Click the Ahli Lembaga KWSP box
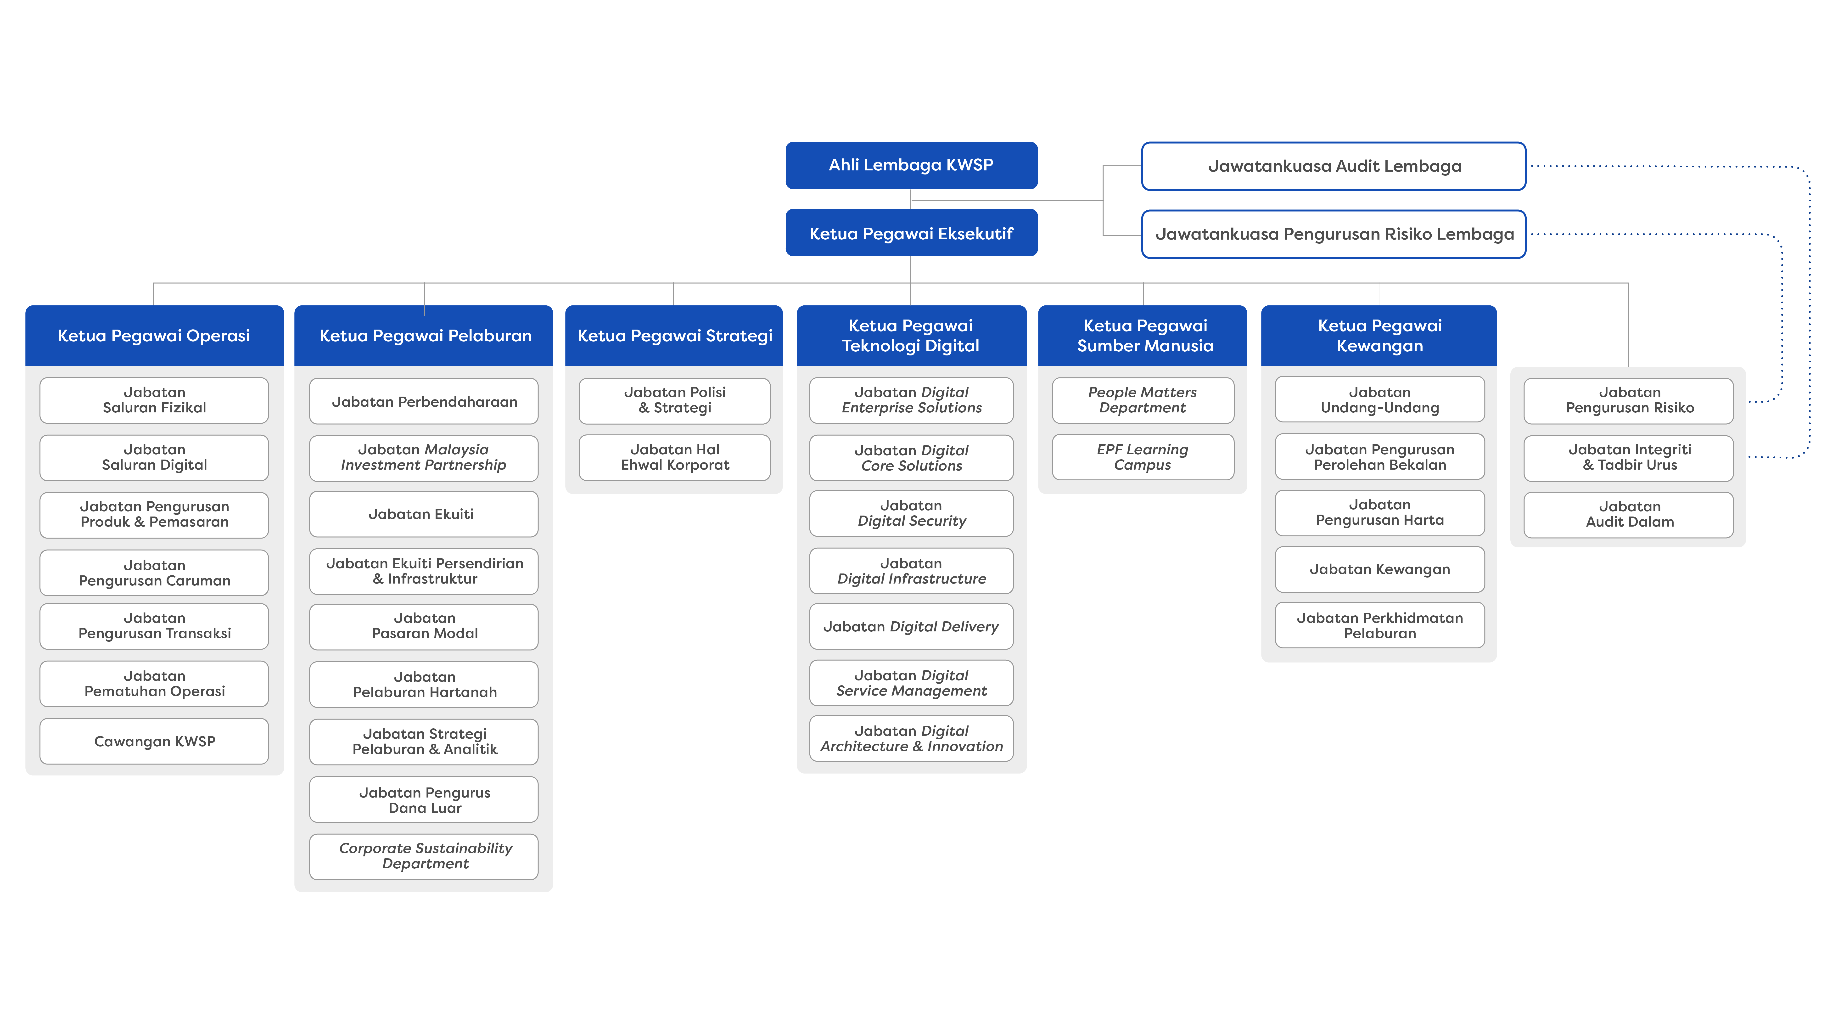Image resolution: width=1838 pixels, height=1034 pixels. coord(911,165)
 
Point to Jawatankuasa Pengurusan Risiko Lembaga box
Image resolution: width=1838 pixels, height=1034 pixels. coord(1334,234)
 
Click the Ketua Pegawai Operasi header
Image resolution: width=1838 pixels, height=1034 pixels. coord(154,335)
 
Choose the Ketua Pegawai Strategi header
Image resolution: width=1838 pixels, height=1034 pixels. coord(674,335)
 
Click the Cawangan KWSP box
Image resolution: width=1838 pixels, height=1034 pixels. coord(154,742)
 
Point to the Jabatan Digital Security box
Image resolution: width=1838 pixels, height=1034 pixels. coord(911,513)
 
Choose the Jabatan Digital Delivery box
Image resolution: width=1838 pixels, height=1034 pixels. coord(911,627)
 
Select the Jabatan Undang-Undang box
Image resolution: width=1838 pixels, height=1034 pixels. coord(1379,400)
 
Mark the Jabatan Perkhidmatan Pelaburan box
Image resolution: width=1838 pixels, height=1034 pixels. coord(1379,625)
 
